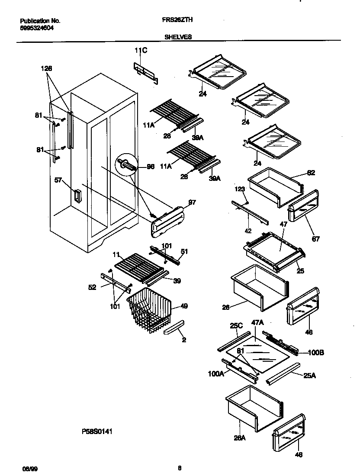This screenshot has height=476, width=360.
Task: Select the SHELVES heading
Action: tap(177, 37)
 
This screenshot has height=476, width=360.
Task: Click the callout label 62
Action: tap(311, 173)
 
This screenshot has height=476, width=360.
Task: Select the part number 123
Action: tap(240, 189)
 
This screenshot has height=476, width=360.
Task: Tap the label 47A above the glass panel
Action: tap(257, 323)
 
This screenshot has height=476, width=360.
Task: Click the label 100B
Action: tap(316, 353)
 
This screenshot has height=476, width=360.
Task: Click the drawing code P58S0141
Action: tap(98, 431)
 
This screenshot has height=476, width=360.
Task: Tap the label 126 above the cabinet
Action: tap(46, 68)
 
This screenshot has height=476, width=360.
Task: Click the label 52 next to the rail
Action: tap(92, 287)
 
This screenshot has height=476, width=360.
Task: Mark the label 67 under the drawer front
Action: tap(316, 239)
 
